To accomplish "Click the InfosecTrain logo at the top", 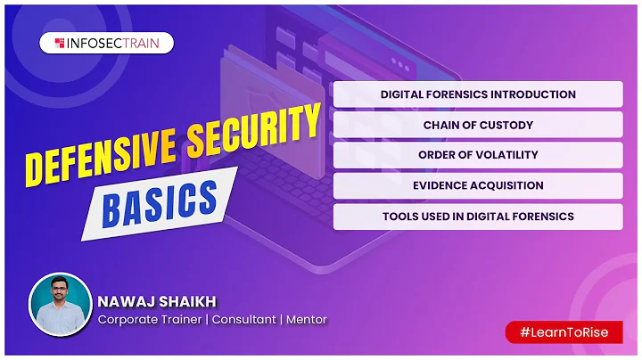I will [106, 43].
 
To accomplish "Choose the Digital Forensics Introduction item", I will [478, 94].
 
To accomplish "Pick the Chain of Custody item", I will [478, 125].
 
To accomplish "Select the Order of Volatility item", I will [478, 155].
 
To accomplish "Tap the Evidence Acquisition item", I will [478, 185].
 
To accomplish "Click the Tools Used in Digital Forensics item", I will [478, 217].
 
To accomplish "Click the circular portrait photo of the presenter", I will [61, 304].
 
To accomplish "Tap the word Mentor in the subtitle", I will [308, 319].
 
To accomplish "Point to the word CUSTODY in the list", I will [507, 125].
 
